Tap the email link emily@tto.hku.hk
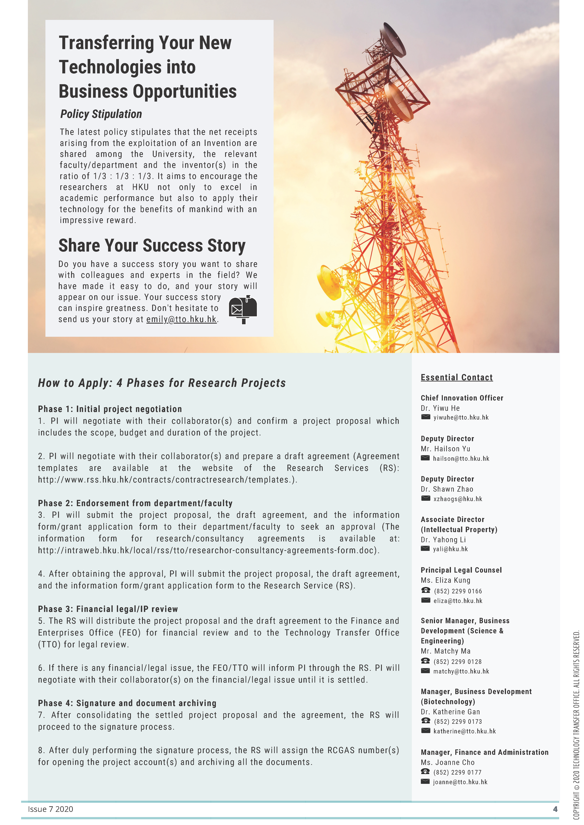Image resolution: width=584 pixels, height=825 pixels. [x=181, y=319]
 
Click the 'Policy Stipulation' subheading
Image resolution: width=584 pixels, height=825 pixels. [x=101, y=114]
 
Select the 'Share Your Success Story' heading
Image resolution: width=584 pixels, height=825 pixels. [x=152, y=246]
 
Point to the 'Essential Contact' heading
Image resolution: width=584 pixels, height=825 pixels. [x=456, y=377]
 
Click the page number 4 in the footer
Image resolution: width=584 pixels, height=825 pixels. [x=555, y=809]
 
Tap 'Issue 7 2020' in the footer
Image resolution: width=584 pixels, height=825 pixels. [x=50, y=809]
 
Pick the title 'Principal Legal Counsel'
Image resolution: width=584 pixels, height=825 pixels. [x=461, y=570]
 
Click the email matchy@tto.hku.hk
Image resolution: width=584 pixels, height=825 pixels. [x=461, y=671]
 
